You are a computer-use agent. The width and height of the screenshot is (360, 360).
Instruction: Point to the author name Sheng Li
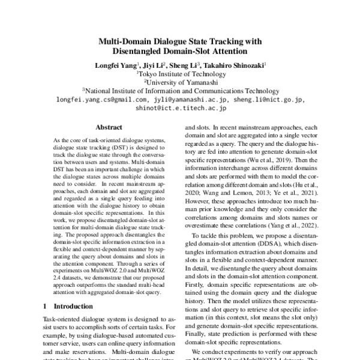(x=184, y=65)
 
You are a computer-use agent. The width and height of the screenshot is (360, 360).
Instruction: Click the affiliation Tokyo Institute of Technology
(x=181, y=73)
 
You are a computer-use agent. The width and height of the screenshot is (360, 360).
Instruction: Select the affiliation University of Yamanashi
(x=181, y=82)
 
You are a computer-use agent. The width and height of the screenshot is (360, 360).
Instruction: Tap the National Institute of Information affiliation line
(x=181, y=91)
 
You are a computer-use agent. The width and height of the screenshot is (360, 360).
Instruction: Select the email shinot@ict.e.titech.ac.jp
(x=181, y=108)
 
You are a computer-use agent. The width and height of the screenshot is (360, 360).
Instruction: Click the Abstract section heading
(x=109, y=127)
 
